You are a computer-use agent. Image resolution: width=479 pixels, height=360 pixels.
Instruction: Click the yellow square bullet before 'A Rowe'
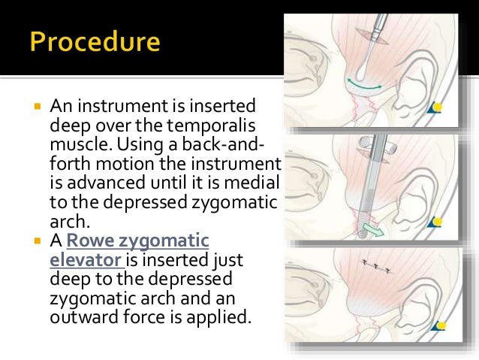36,241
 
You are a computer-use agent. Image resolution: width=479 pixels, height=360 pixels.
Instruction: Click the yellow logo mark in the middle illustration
437,221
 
